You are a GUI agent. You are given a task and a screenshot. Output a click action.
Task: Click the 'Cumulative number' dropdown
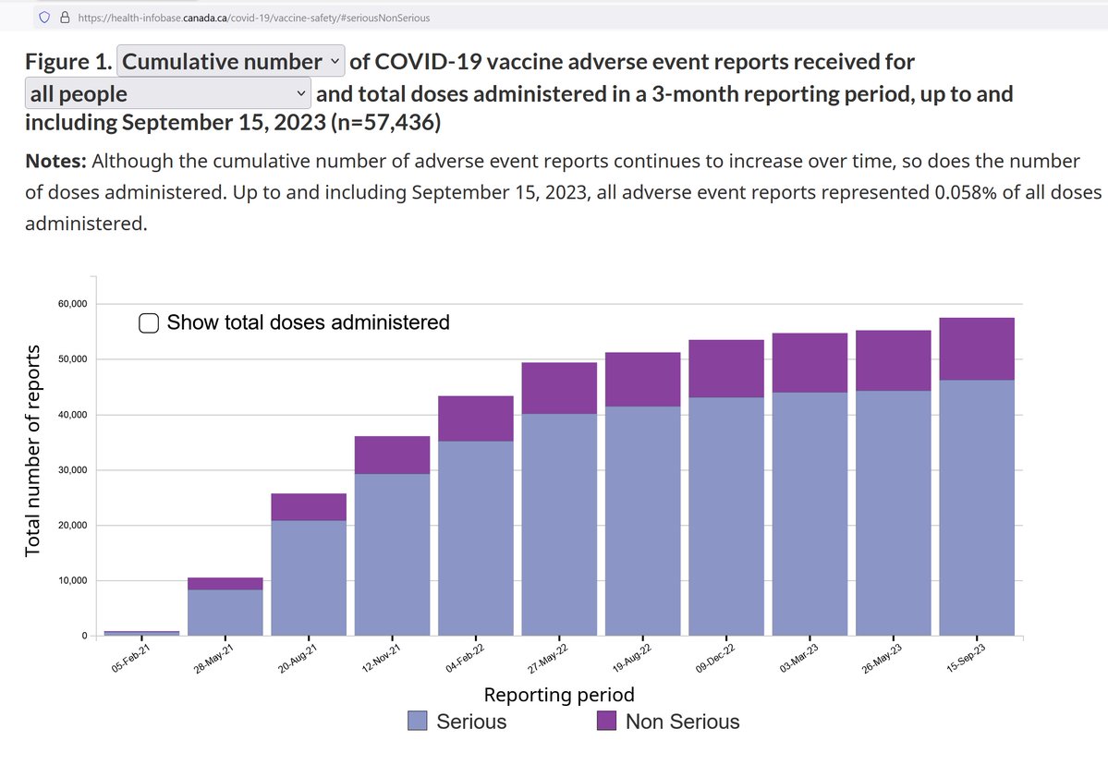click(231, 62)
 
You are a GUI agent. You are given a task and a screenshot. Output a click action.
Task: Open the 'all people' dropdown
click(167, 93)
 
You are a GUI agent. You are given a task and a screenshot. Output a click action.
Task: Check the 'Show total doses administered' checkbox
click(148, 322)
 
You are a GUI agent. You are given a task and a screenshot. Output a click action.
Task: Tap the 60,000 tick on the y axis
click(71, 304)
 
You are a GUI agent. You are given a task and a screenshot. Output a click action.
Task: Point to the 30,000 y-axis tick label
click(71, 470)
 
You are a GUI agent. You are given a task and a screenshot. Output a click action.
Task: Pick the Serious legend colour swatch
click(418, 721)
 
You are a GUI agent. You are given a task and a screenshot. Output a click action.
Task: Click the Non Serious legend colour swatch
click(607, 721)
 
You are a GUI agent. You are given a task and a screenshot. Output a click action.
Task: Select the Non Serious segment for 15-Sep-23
click(976, 348)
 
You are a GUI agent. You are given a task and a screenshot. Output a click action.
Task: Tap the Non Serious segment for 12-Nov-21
click(392, 455)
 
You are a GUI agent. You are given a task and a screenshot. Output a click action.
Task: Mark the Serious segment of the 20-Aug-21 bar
click(309, 578)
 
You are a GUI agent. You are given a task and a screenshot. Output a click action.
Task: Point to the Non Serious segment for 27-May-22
click(559, 388)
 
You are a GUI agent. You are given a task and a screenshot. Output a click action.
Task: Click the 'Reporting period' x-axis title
click(559, 694)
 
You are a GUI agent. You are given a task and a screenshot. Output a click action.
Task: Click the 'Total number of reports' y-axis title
click(33, 450)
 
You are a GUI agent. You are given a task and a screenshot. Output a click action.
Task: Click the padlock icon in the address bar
click(65, 17)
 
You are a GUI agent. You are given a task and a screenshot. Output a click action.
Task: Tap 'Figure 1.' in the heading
click(68, 62)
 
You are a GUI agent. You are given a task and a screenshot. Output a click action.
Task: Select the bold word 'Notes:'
click(55, 162)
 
